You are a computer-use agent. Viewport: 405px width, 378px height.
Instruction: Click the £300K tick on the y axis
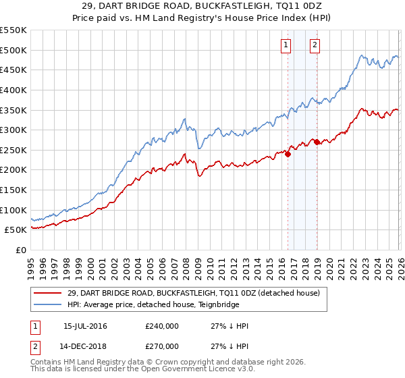click(x=13, y=130)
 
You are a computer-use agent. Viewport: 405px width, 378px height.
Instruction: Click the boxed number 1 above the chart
click(x=286, y=46)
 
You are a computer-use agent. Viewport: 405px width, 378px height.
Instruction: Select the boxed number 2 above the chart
click(x=315, y=46)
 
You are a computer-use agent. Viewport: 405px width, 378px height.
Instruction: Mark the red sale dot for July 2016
click(x=288, y=154)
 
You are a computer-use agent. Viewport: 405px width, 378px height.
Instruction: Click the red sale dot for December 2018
click(x=317, y=142)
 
